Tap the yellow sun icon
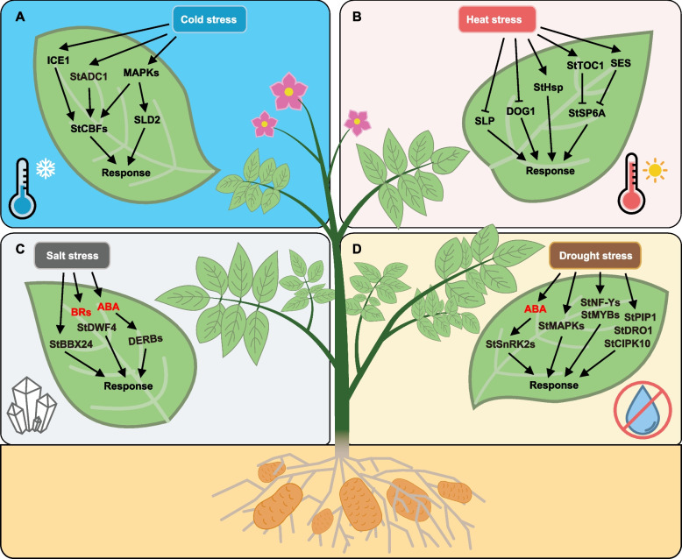(x=653, y=169)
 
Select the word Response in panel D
(x=551, y=385)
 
